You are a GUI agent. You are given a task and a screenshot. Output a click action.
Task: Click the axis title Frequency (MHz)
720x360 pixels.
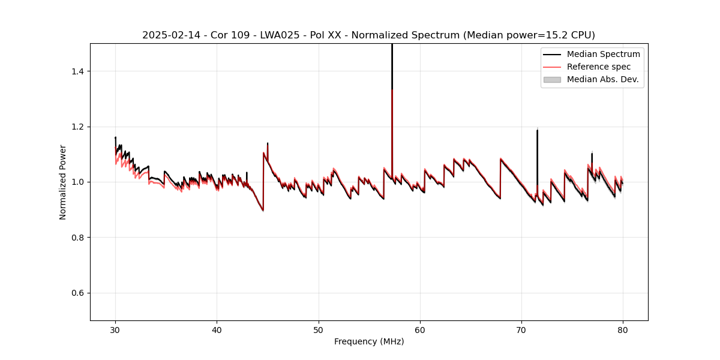(x=369, y=341)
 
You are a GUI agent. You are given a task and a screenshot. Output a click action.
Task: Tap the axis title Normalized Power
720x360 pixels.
(x=63, y=182)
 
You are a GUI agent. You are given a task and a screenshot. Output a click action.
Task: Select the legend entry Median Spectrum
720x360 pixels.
(x=603, y=54)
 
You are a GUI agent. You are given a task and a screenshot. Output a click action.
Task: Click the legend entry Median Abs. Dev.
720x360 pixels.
(x=602, y=79)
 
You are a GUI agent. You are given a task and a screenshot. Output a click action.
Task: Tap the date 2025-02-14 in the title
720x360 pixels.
(x=169, y=35)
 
